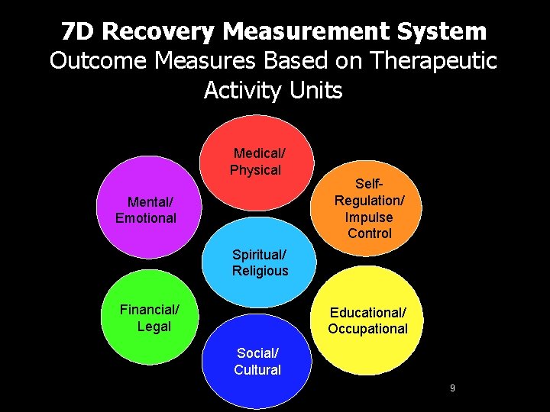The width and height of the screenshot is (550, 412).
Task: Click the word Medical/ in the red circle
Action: pyautogui.click(x=260, y=153)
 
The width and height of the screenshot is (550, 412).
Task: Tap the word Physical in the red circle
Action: pyautogui.click(x=256, y=170)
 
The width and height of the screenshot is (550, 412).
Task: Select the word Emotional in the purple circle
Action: pyautogui.click(x=146, y=218)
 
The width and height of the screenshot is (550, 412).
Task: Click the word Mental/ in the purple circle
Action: pyautogui.click(x=150, y=202)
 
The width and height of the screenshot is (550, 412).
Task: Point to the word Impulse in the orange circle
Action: pyautogui.click(x=370, y=217)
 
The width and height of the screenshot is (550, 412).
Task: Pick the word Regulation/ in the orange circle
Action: pyautogui.click(x=370, y=200)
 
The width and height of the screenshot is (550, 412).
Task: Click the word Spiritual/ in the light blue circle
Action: pyautogui.click(x=260, y=254)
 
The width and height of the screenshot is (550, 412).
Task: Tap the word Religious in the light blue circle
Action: pyautogui.click(x=260, y=271)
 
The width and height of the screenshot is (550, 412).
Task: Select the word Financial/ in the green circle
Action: pyautogui.click(x=150, y=310)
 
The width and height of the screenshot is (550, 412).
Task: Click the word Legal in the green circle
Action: pyautogui.click(x=154, y=327)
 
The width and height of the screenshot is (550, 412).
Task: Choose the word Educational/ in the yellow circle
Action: pyautogui.click(x=368, y=313)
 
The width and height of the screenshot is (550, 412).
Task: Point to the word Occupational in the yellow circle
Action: pyautogui.click(x=368, y=329)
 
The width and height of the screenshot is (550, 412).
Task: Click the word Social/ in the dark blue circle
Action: pyautogui.click(x=258, y=353)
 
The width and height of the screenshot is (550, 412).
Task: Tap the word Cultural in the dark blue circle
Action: pyautogui.click(x=257, y=370)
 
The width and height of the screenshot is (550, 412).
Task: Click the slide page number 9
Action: pyautogui.click(x=452, y=388)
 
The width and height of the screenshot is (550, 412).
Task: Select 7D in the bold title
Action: pyautogui.click(x=79, y=31)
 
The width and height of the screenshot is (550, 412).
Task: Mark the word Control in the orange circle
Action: pyautogui.click(x=370, y=233)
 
